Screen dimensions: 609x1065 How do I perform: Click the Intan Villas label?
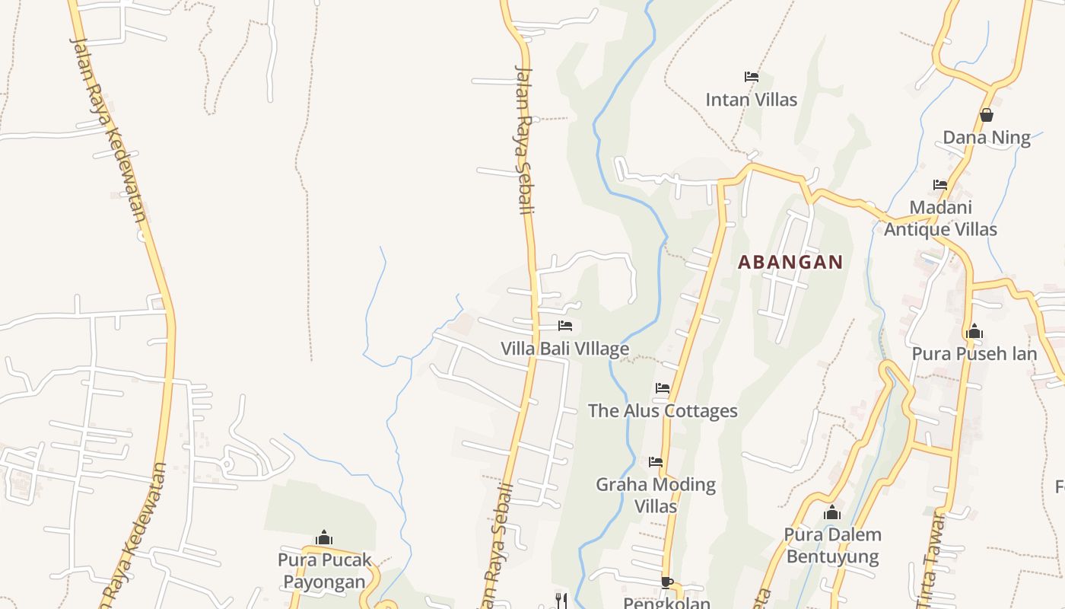(751, 100)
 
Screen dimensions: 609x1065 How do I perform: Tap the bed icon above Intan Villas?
(752, 77)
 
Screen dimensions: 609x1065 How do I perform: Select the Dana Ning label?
(987, 138)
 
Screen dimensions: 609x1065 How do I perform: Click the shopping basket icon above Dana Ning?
(987, 115)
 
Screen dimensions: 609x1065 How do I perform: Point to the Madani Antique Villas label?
(941, 218)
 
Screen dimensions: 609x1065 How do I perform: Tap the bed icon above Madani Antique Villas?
(940, 184)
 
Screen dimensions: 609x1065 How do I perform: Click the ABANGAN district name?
(790, 262)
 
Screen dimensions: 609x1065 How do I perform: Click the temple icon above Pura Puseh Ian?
(974, 331)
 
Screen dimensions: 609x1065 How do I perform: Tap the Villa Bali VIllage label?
(564, 349)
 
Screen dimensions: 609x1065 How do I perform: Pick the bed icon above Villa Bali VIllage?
(565, 326)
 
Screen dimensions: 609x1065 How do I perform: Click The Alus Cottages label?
(663, 411)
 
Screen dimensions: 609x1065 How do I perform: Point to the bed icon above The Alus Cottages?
(663, 388)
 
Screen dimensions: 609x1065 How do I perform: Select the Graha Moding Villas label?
(656, 495)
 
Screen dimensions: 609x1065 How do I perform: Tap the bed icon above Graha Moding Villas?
(656, 462)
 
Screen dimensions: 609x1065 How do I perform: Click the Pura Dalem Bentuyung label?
(832, 546)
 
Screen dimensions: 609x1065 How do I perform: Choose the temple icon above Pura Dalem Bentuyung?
(832, 512)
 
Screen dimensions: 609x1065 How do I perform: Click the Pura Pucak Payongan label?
(324, 571)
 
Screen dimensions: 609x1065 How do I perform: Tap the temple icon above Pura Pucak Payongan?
(324, 537)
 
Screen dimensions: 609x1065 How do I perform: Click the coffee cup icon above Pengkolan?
(667, 583)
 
